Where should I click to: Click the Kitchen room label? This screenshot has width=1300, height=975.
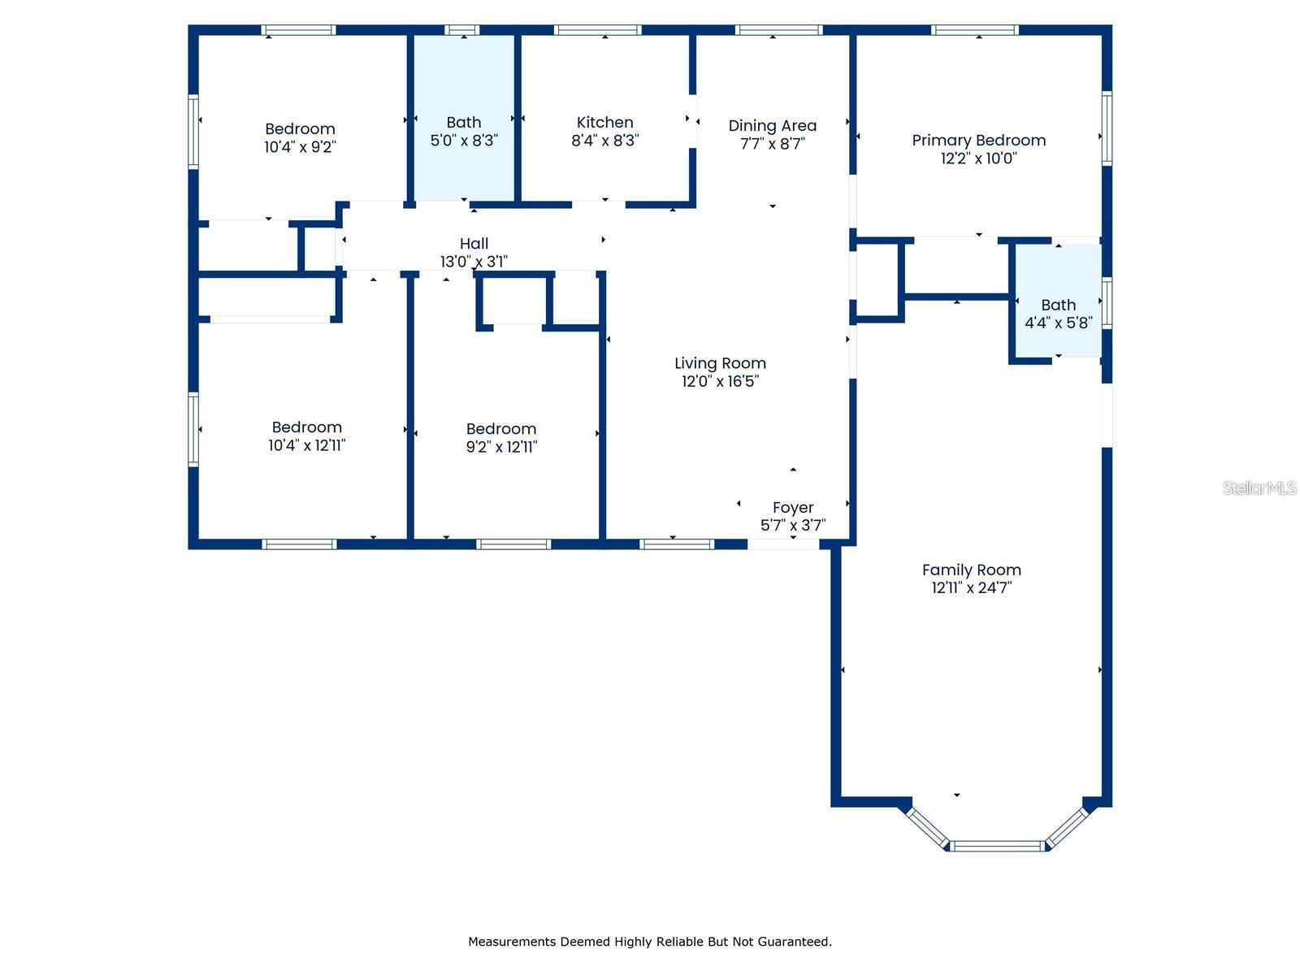[x=604, y=123]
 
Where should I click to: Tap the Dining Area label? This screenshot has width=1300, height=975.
[x=773, y=126]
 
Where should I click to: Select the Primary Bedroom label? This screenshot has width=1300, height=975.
[x=978, y=141]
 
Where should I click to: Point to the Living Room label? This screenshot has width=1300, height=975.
[x=720, y=363]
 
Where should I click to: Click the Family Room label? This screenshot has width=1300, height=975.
[x=971, y=570]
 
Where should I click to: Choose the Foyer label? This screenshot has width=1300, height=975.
[x=793, y=508]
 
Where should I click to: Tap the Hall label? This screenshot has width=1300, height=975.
[x=474, y=243]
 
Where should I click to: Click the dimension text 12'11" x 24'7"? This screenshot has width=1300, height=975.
[x=971, y=587]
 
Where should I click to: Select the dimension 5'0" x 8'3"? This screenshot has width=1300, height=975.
[x=464, y=141]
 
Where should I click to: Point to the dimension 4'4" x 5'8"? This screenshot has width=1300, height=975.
[x=1059, y=323]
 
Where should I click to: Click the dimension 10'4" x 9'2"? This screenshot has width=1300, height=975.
[x=301, y=147]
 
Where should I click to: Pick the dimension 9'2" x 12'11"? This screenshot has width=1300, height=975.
[x=501, y=447]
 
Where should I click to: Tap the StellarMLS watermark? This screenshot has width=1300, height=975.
[x=1259, y=487]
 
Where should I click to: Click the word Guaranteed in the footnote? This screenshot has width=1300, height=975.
[x=798, y=942]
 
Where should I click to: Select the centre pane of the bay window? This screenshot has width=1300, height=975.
[x=998, y=847]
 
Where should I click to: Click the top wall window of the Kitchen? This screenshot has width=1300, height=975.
[x=597, y=30]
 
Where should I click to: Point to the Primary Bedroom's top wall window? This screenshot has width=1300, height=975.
[x=975, y=30]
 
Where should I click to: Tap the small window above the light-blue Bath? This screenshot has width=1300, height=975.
[x=462, y=30]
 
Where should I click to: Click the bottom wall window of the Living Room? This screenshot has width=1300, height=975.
[x=676, y=544]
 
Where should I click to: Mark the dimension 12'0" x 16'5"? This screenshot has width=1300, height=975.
[x=720, y=381]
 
